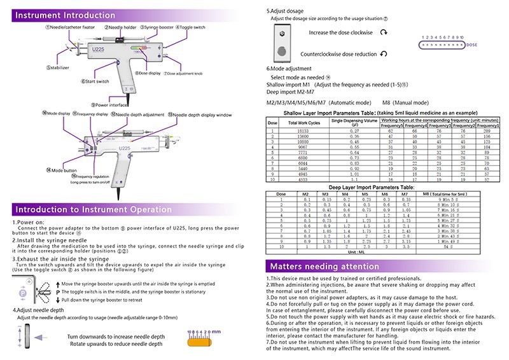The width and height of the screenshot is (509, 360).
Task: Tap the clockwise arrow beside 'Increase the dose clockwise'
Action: (x=383, y=31)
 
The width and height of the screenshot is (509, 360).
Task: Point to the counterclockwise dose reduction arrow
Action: (x=383, y=54)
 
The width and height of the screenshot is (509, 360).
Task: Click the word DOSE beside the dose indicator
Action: (x=472, y=45)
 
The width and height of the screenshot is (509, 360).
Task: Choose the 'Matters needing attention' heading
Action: (x=320, y=265)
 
